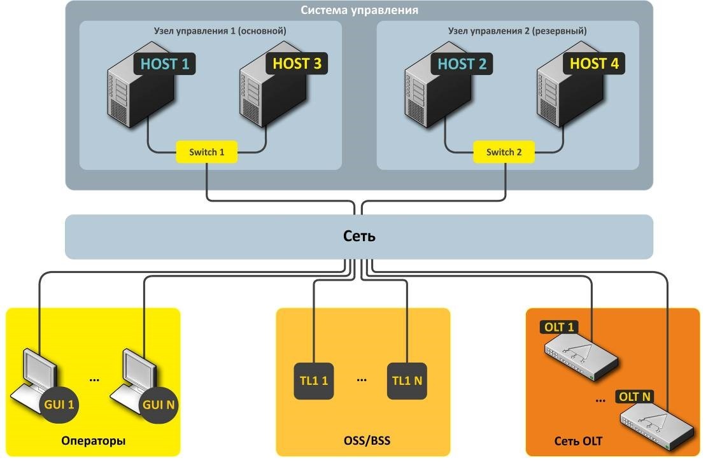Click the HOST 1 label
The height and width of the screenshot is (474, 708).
pos(165,64)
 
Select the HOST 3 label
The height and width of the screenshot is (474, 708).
pos(297,64)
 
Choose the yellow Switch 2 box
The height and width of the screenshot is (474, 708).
pos(504,152)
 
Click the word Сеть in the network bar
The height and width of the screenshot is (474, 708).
pos(359,237)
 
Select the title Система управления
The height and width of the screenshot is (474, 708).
pos(358,11)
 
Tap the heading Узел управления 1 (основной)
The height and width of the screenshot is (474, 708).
pos(211,31)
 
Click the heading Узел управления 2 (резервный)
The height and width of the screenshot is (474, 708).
pos(508,31)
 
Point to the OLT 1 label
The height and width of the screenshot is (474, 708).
pos(560,328)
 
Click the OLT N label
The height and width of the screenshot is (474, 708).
pos(635,397)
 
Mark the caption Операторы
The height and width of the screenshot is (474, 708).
pos(94,440)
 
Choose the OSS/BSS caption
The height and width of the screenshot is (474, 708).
pos(362,440)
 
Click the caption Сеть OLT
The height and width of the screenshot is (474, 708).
pos(578,440)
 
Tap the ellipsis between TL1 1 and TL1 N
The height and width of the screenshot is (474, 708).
pos(362,380)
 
